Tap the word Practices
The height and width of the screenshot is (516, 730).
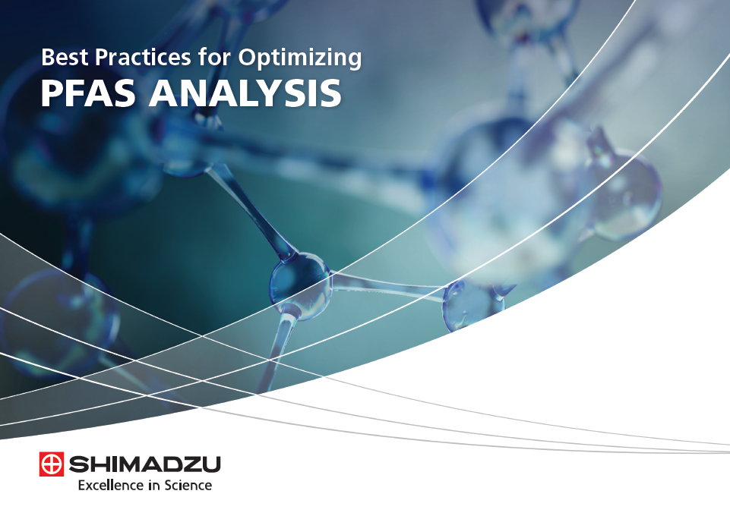pos(143,57)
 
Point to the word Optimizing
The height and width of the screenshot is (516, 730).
pos(300,59)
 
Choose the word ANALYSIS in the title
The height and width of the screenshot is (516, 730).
pos(245,93)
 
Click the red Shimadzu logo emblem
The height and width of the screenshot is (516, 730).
pos(51,464)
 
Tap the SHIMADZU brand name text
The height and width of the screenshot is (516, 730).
pos(145,464)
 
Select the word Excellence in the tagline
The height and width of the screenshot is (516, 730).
pos(111,486)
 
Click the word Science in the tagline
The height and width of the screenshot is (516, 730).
pos(188,486)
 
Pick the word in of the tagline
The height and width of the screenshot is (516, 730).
pos(154,486)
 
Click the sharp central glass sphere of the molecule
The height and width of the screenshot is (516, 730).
pos(300,284)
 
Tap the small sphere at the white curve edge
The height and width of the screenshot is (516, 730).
pos(471,304)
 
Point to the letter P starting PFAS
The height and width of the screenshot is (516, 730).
pos(52,93)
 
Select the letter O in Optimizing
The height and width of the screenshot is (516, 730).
pos(247,57)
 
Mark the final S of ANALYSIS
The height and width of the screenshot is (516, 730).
pos(331,93)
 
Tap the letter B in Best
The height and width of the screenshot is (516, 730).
pos(48,57)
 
